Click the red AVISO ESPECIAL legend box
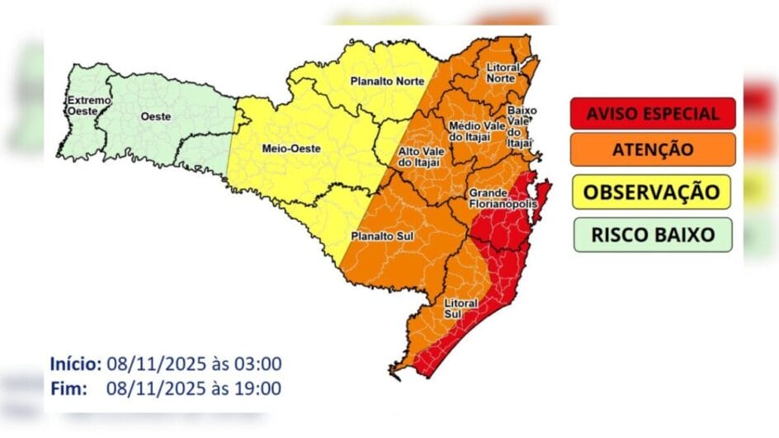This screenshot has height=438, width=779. [x=652, y=114]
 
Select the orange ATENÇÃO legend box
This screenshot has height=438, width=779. [x=652, y=150]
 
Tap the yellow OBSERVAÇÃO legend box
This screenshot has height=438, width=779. [x=652, y=192]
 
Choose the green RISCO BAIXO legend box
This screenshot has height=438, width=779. [x=652, y=234]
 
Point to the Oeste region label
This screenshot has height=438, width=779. [x=156, y=116]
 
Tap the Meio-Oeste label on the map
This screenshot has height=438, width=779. [x=285, y=149]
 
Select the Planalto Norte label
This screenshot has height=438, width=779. [x=387, y=81]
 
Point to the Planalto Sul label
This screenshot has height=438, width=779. [x=376, y=236]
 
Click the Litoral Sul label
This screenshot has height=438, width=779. [x=460, y=308]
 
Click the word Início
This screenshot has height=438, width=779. [x=75, y=364]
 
